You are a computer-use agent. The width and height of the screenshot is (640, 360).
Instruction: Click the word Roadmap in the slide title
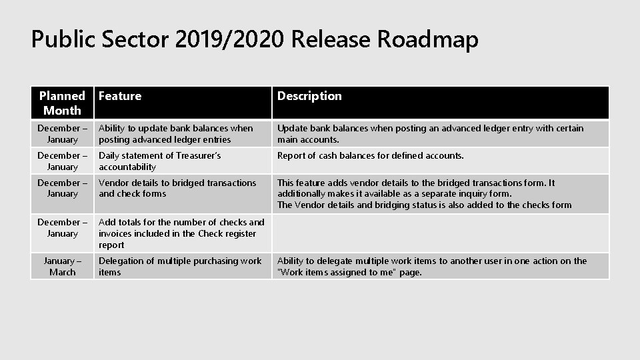427,40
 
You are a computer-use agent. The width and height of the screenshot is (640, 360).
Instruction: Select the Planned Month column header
62,103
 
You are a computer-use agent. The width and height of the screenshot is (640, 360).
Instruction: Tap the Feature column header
120,96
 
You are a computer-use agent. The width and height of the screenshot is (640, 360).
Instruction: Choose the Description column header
309,96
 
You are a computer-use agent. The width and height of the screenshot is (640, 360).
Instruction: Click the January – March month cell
63,266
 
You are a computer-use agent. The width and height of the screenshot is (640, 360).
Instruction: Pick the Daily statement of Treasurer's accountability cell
160,161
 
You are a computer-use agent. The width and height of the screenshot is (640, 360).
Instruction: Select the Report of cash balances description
370,155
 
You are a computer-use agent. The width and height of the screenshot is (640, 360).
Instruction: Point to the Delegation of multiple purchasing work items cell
180,266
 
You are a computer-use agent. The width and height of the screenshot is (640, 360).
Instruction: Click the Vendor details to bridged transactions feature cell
177,188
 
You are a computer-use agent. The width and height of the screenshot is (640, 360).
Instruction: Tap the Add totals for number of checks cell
181,233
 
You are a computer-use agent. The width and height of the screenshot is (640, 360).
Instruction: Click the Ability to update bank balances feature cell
176,133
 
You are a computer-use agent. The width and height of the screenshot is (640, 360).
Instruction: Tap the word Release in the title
332,40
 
